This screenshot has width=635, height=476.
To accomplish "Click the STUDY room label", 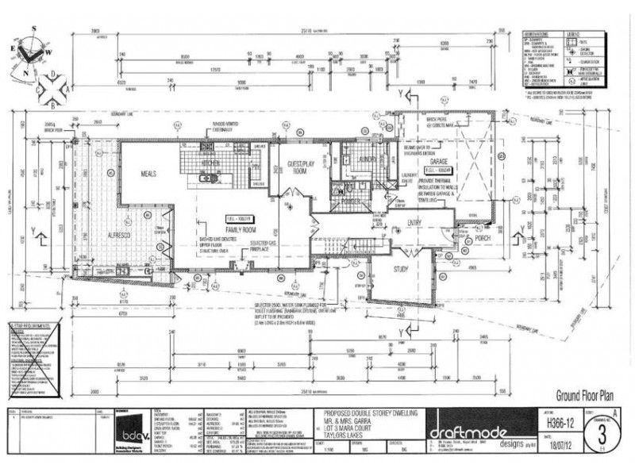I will click(x=405, y=269).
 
